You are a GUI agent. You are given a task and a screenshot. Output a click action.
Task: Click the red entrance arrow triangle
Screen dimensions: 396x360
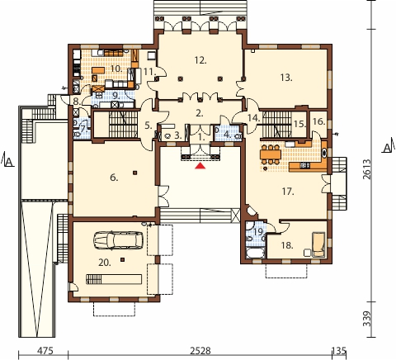point(200,166)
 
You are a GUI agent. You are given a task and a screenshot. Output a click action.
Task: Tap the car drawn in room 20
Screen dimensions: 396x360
point(118,240)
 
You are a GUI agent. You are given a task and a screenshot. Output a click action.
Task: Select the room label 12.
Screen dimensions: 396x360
point(200,60)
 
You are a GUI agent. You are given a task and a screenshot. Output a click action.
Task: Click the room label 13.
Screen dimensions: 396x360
point(286,78)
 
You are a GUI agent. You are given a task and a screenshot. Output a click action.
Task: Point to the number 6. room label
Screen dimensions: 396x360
point(114,178)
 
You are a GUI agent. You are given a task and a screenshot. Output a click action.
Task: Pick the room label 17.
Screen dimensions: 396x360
point(288,192)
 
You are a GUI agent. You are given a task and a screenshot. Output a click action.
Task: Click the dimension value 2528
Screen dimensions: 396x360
point(200,351)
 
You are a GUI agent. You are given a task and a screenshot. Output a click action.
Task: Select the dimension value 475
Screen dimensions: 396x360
point(45,351)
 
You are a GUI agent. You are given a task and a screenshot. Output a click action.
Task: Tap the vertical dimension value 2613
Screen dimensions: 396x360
point(367,169)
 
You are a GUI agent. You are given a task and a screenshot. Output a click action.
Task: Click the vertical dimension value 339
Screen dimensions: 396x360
point(367,319)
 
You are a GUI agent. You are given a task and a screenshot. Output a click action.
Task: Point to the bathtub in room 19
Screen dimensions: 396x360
point(254,253)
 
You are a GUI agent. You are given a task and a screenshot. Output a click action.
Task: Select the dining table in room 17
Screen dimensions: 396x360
point(271,154)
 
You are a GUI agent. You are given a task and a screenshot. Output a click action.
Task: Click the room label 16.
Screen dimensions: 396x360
point(319,121)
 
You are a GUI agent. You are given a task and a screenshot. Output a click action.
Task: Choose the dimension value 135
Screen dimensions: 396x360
point(339,351)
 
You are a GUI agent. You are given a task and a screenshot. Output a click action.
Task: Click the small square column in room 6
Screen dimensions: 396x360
point(134,173)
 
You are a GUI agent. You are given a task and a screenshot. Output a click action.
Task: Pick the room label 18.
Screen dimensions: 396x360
point(287,245)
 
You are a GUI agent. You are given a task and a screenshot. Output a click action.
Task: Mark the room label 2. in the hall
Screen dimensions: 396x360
point(200,113)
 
